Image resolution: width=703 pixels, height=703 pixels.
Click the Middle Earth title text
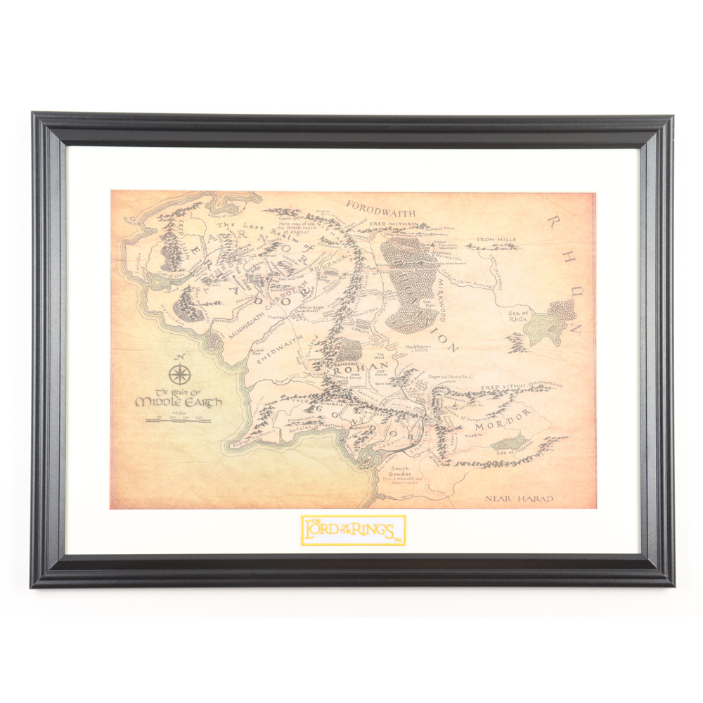[x=178, y=401]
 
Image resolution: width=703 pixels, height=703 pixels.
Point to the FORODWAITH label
[x=380, y=209]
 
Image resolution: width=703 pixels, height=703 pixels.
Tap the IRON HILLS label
[x=496, y=240]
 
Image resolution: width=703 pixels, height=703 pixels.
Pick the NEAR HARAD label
[x=519, y=498]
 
